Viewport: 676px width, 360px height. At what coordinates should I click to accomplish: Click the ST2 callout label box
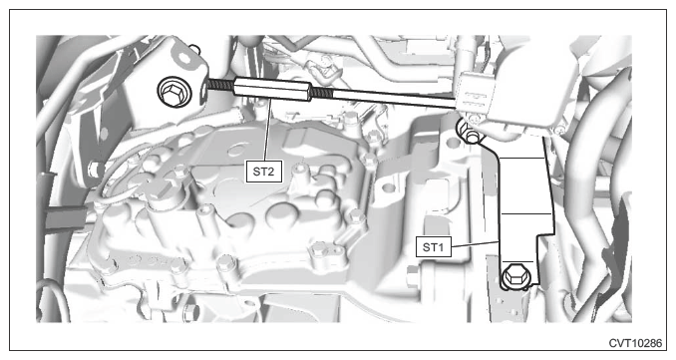pyautogui.click(x=263, y=172)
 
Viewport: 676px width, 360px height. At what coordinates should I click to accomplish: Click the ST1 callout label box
pyautogui.click(x=434, y=247)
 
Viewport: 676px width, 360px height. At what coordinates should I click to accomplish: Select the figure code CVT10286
pyautogui.click(x=635, y=343)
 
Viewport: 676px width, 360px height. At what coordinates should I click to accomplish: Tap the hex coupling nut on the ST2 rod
pyautogui.click(x=272, y=89)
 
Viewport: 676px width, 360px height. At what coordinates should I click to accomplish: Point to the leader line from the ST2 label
pyautogui.click(x=268, y=129)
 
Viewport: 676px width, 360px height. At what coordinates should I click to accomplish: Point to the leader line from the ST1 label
pyautogui.click(x=476, y=244)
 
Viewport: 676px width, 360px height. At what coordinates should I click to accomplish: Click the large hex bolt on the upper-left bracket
pyautogui.click(x=174, y=91)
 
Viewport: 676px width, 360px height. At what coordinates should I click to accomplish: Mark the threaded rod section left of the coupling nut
pyautogui.click(x=220, y=84)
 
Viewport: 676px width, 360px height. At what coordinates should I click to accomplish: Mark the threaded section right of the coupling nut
pyautogui.click(x=322, y=93)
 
